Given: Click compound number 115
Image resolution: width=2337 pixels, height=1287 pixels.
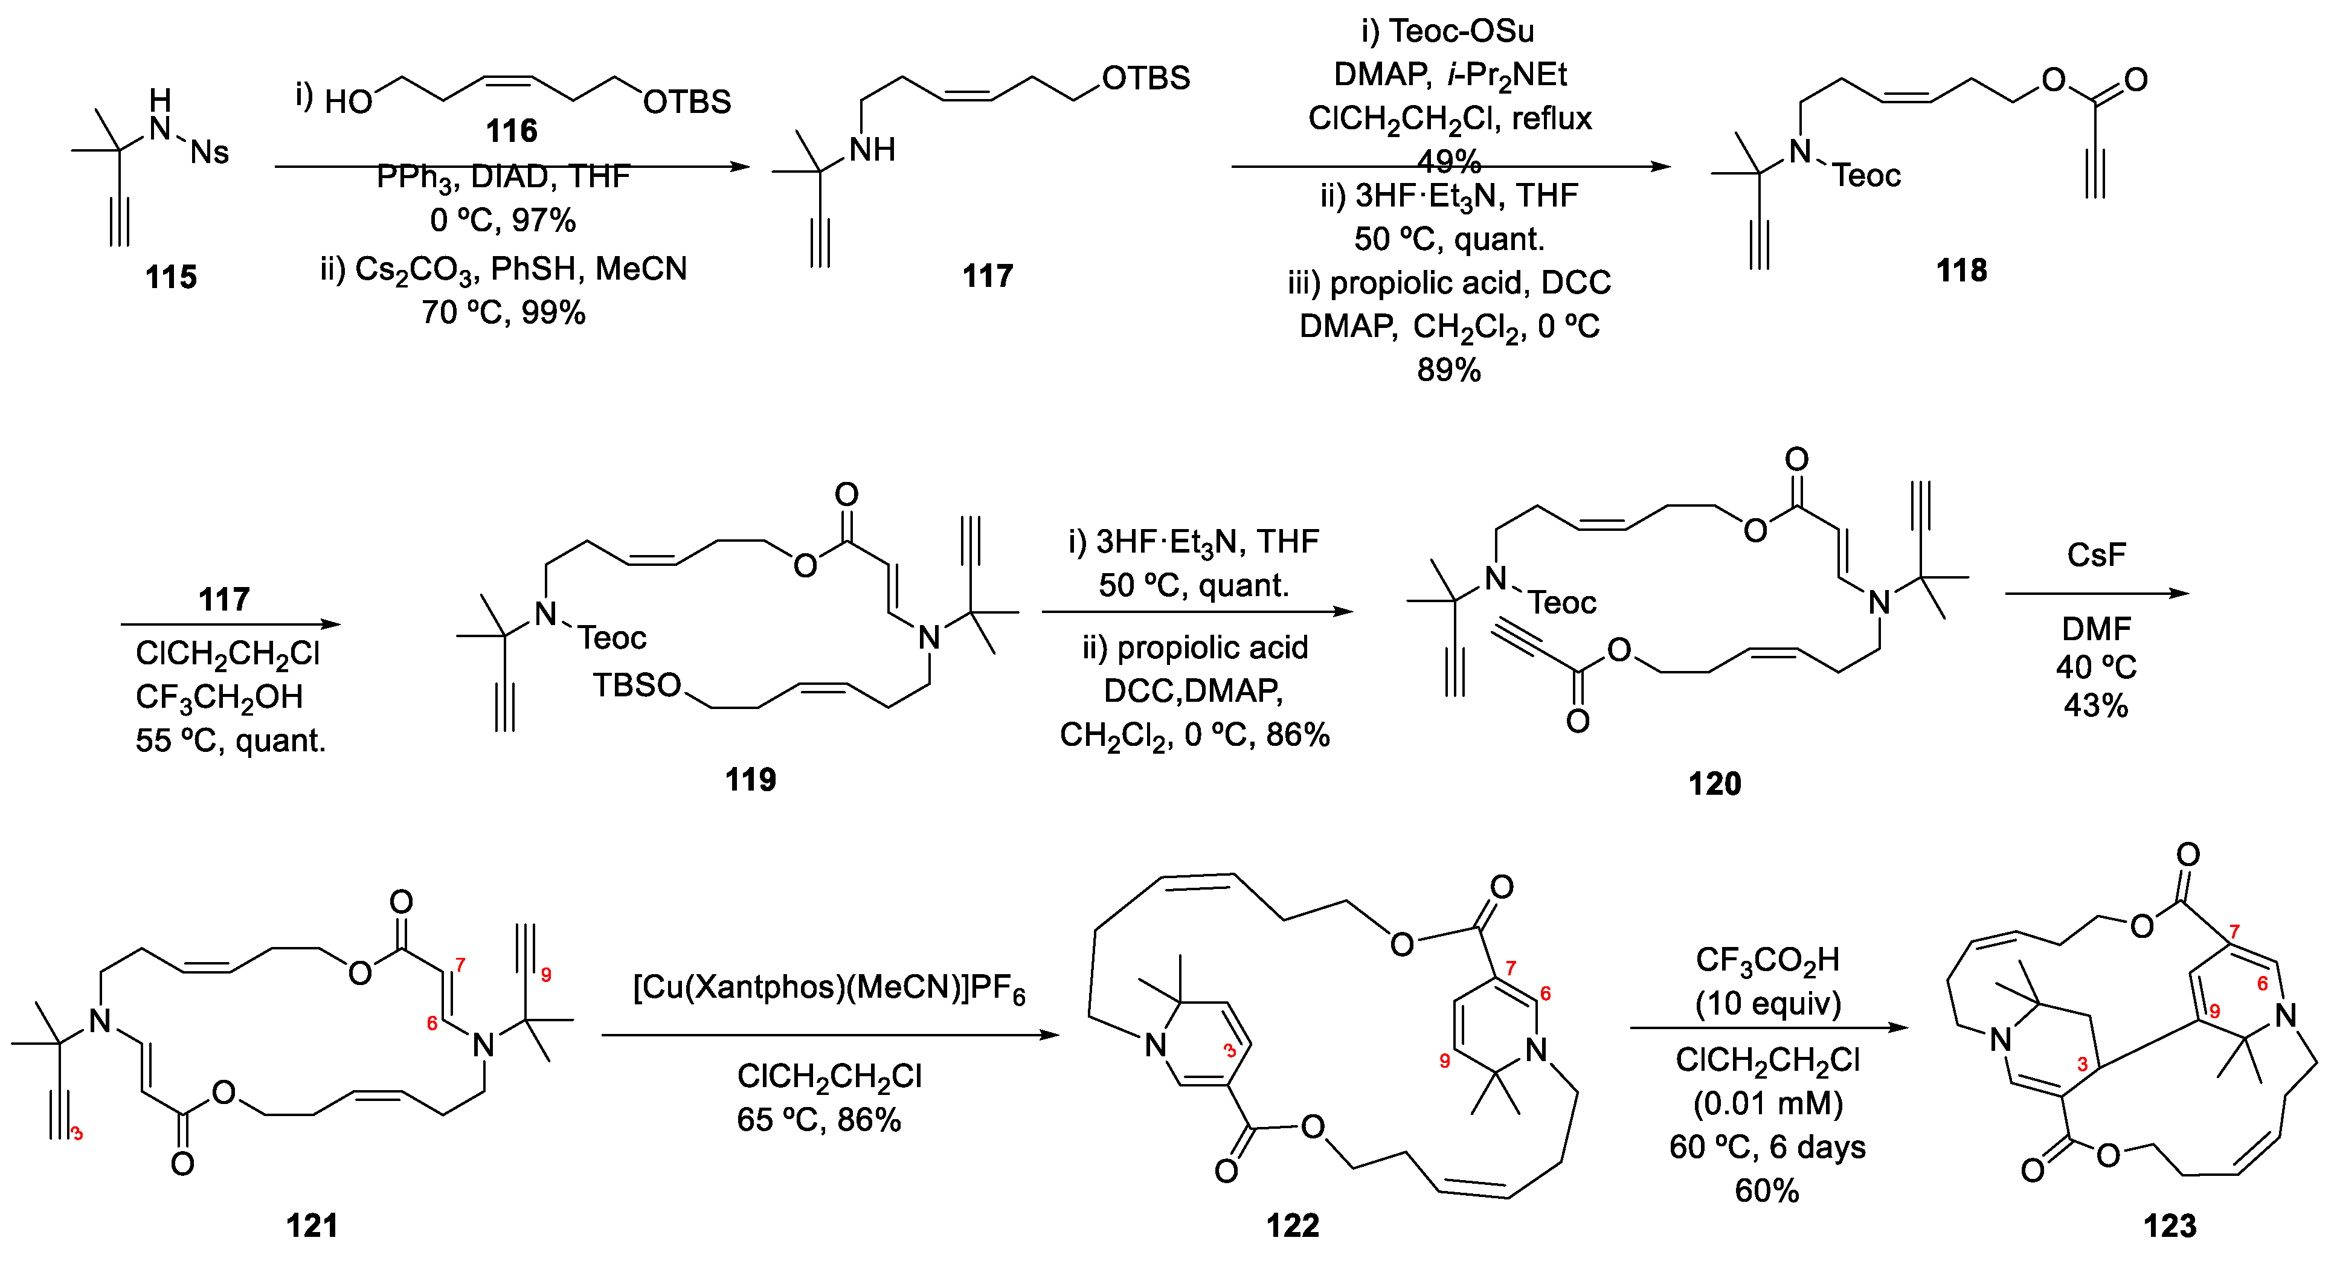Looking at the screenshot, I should [x=170, y=277].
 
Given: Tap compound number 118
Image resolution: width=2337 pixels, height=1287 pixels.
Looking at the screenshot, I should [x=1961, y=271].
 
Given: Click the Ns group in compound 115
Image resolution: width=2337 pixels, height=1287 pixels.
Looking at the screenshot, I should [x=210, y=152].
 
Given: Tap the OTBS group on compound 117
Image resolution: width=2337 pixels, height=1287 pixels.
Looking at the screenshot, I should [x=1145, y=78].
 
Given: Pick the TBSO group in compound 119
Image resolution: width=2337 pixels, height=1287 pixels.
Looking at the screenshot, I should [x=637, y=685].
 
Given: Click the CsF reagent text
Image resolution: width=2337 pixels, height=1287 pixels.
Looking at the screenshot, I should [x=2095, y=555].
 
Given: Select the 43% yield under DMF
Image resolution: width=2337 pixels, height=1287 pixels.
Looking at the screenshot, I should [x=2095, y=705].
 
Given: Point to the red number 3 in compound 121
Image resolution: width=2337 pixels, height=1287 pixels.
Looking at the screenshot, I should [x=77, y=1134].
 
